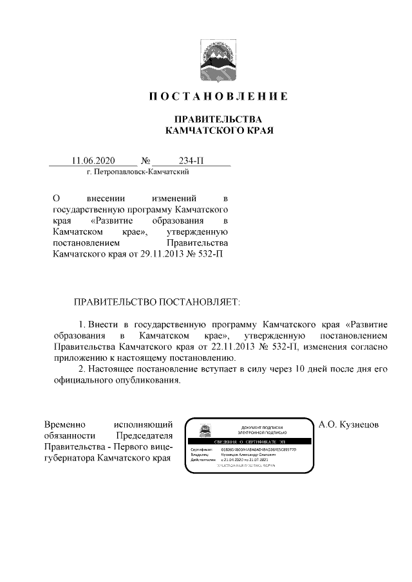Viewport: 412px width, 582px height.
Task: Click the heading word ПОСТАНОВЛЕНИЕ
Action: point(218,96)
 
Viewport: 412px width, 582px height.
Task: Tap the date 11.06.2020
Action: point(93,161)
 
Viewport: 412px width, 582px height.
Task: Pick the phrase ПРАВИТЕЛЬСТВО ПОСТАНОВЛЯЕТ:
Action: point(156,301)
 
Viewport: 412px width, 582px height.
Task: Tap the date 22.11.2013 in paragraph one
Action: point(232,347)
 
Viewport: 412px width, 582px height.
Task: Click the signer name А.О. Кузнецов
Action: point(350,425)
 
